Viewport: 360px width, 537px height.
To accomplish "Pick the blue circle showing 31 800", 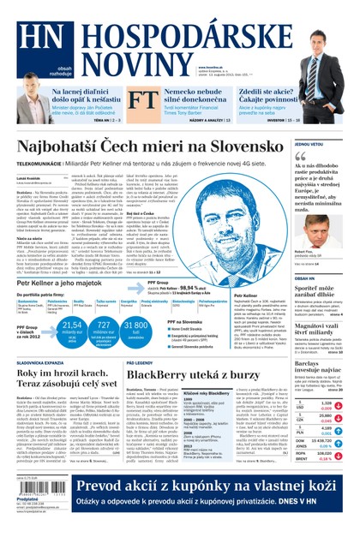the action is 137,330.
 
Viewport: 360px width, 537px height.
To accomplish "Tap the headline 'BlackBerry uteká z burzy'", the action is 198,375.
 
